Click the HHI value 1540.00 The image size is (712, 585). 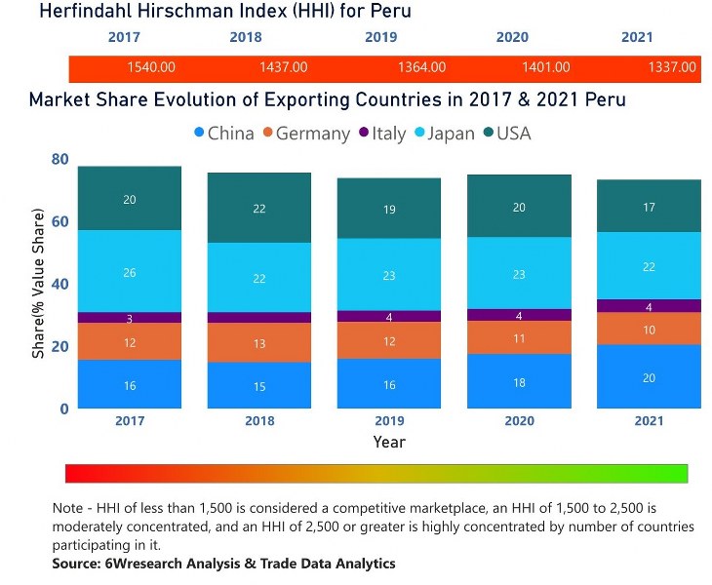(151, 67)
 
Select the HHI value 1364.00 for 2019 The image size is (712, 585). (421, 67)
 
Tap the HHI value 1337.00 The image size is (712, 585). (672, 67)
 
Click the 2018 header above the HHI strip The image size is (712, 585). (246, 38)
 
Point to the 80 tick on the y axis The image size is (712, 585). (59, 160)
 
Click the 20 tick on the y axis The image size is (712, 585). (59, 346)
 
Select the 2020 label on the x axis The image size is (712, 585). (519, 421)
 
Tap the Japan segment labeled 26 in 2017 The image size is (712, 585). (130, 272)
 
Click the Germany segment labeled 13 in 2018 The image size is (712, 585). (258, 343)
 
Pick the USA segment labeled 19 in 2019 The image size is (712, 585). (388, 209)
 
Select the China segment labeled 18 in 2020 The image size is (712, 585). (519, 381)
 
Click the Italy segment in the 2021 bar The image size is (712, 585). (649, 306)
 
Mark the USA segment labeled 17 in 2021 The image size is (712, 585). (649, 207)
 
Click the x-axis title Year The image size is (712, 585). (389, 442)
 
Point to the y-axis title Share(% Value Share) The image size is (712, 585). (39, 283)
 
